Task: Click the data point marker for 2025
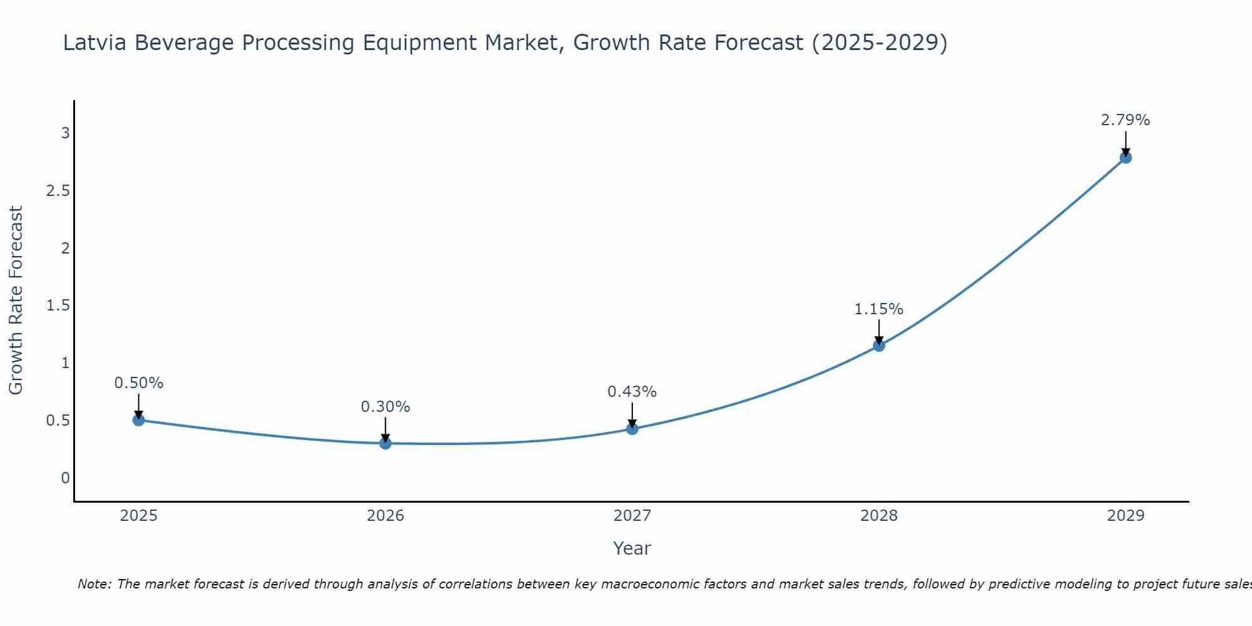pos(139,420)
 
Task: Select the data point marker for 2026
pos(386,443)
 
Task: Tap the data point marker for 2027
pos(632,429)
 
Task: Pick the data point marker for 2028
pos(879,346)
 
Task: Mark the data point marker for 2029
pos(1126,158)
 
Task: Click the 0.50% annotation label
pos(139,383)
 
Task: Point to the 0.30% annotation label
pos(386,407)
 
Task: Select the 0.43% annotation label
pos(632,392)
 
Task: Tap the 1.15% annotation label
pos(879,309)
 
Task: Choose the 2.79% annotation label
pos(1126,120)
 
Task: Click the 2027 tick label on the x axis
pos(632,516)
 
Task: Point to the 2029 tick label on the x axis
pos(1126,516)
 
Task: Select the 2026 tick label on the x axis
pos(386,516)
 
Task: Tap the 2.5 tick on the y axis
pos(58,190)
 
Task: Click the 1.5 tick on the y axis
pos(58,305)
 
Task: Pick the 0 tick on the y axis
pos(65,478)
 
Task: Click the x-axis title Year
pos(632,548)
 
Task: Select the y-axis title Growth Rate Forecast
pos(16,300)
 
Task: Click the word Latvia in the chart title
pos(95,43)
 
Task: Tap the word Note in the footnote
pos(94,584)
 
